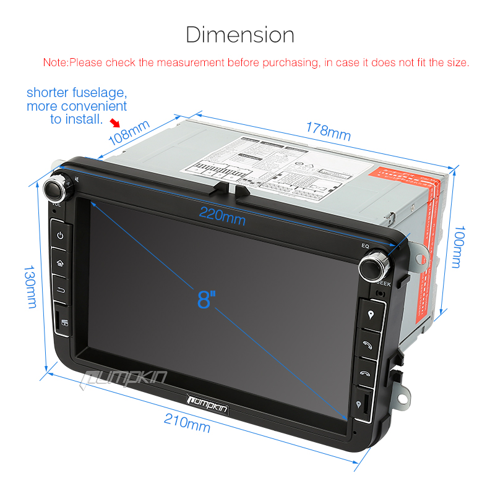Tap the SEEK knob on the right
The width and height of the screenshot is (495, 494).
click(373, 266)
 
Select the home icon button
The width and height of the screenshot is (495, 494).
click(60, 262)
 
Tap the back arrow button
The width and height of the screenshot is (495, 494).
click(61, 289)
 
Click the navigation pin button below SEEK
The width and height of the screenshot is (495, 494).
click(370, 314)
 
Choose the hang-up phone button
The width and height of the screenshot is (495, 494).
click(366, 372)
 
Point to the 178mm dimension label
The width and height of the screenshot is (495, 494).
click(329, 131)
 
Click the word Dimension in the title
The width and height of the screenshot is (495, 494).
click(240, 34)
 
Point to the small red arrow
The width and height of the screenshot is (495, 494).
click(114, 124)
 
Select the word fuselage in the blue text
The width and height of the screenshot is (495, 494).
click(101, 93)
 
